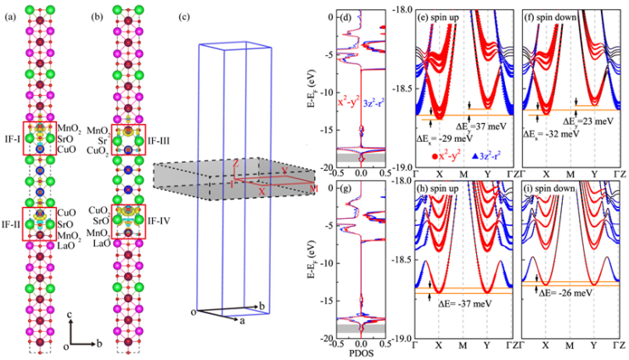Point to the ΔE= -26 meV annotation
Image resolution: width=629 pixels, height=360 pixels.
click(x=567, y=294)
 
